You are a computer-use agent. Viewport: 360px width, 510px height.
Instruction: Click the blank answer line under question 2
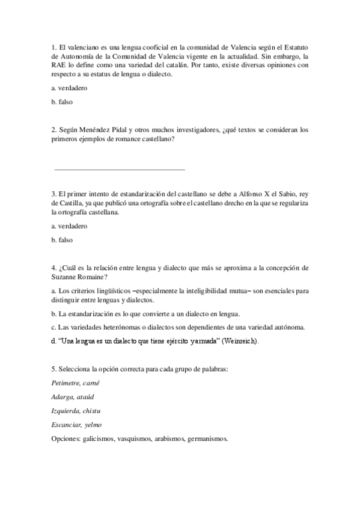pyautogui.click(x=120, y=170)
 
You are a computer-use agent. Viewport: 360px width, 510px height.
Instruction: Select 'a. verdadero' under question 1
pyautogui.click(x=70, y=88)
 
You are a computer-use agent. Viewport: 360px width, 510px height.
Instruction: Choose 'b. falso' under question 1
pyautogui.click(x=63, y=102)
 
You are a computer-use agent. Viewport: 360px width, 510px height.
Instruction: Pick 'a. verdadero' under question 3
pyautogui.click(x=70, y=226)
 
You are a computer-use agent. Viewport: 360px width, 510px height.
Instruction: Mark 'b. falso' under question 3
pyautogui.click(x=63, y=240)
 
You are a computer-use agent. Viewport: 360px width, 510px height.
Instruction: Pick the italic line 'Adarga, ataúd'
pyautogui.click(x=73, y=396)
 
